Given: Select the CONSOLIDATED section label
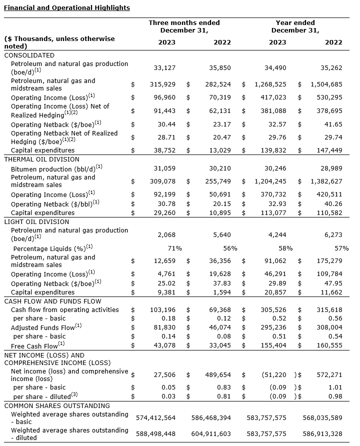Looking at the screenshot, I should [29, 55].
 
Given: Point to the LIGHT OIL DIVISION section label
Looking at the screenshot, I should [36, 221].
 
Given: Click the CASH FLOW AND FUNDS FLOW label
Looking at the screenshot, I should [52, 301].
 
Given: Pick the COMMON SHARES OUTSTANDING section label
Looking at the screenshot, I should [56, 405].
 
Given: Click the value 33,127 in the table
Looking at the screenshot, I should [165, 67].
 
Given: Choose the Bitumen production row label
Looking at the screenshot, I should [56, 169].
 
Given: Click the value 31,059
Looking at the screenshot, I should [165, 169].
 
